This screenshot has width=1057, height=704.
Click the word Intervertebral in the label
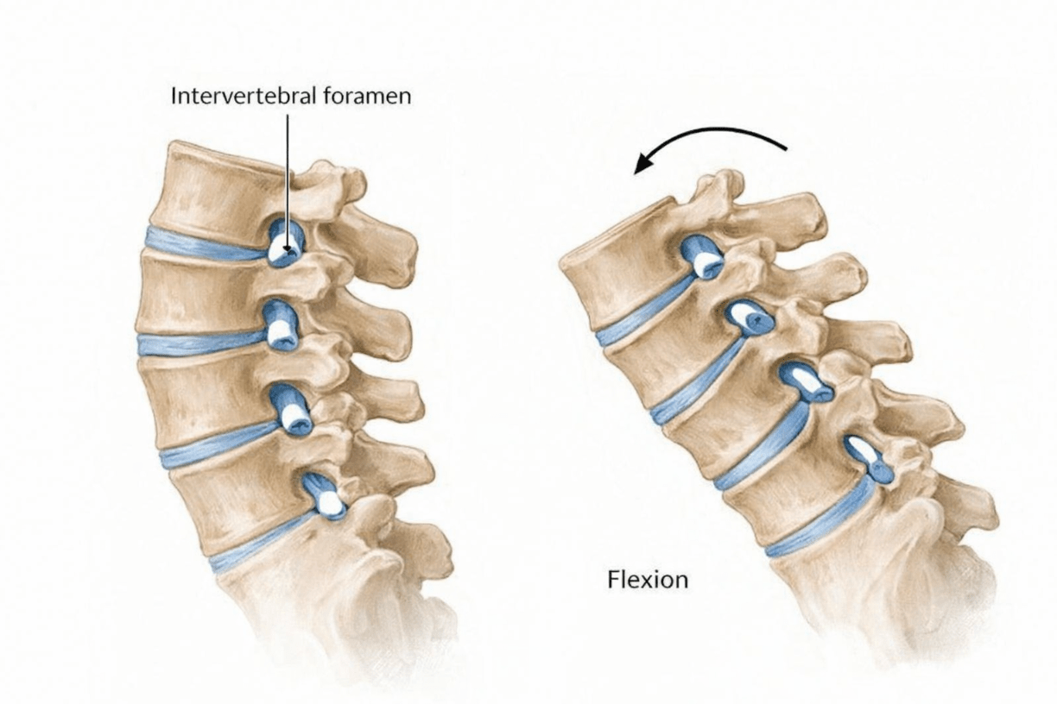coord(243,96)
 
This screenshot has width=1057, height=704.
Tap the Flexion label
coord(648,580)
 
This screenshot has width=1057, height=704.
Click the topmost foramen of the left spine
coord(286,242)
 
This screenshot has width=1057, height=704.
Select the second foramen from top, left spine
coord(282,326)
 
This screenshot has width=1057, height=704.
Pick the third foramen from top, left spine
coord(291,410)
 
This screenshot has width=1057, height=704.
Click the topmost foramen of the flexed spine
coord(702,257)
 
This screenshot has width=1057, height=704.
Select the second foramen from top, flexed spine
coord(750,318)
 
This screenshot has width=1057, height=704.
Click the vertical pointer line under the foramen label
coord(288,181)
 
